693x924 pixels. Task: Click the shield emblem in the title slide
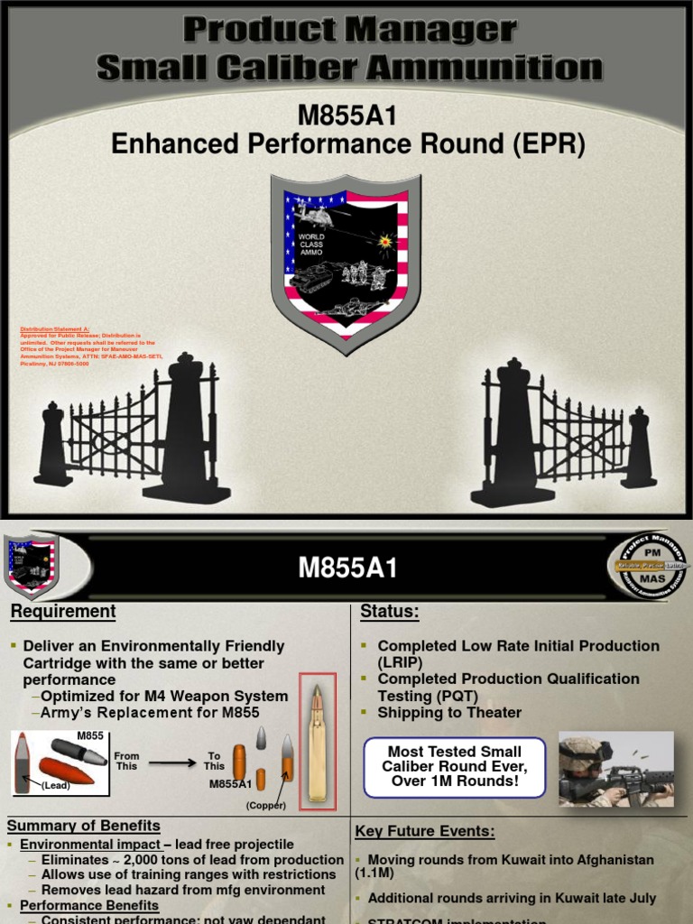[x=346, y=262]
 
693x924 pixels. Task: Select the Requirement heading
[x=63, y=612]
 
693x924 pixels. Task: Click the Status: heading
[x=390, y=612]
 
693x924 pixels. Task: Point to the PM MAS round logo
[x=646, y=566]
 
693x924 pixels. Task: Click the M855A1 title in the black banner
[x=347, y=568]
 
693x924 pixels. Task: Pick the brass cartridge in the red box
[x=317, y=739]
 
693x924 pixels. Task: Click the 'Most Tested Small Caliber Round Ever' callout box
[x=455, y=766]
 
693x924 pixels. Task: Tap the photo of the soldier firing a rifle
[x=615, y=769]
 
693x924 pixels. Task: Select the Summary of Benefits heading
[x=84, y=826]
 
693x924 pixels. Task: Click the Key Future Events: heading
[x=424, y=831]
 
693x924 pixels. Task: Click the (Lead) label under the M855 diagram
[x=56, y=786]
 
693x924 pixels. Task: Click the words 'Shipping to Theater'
[x=449, y=712]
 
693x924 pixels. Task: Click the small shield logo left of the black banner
[x=32, y=565]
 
